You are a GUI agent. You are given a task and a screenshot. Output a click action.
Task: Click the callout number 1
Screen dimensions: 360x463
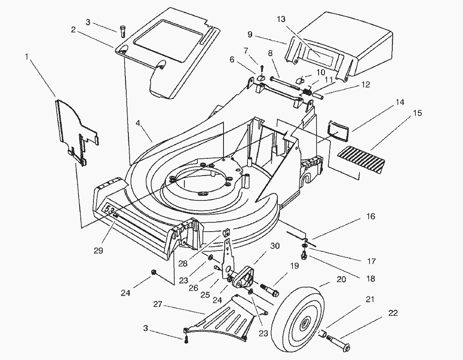coord(28,56)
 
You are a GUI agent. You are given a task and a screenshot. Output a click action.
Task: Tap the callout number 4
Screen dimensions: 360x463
coord(137,124)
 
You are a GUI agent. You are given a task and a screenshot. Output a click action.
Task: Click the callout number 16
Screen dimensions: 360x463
coord(370,216)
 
